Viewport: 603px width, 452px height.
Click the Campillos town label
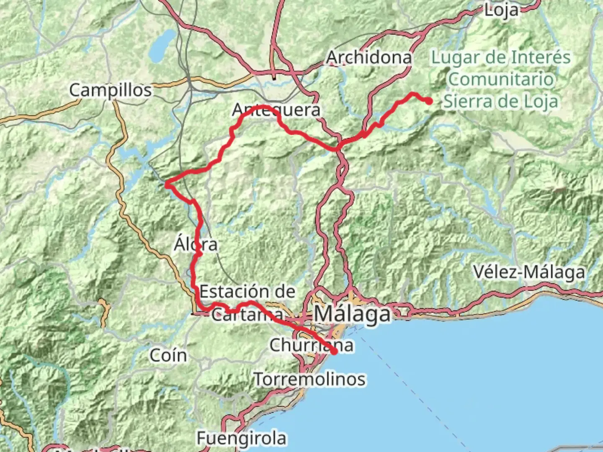(x=110, y=90)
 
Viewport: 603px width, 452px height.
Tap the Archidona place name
(x=368, y=57)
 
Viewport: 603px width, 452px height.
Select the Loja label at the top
(x=501, y=10)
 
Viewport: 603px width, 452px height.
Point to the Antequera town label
(x=276, y=110)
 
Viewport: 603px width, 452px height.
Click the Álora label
(x=196, y=244)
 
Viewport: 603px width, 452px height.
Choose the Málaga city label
(x=353, y=314)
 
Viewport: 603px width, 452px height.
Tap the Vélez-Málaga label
(x=529, y=272)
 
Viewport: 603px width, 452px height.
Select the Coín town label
(x=168, y=355)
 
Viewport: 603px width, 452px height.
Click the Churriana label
(x=311, y=345)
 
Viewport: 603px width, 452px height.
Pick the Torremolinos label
(x=309, y=379)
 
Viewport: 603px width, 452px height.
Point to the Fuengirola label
(x=242, y=438)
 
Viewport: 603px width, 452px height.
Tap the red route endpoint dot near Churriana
(x=334, y=352)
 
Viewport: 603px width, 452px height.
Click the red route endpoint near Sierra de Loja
(x=429, y=101)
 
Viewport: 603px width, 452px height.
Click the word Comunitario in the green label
(x=501, y=79)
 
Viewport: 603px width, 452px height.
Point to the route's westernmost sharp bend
(x=167, y=184)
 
